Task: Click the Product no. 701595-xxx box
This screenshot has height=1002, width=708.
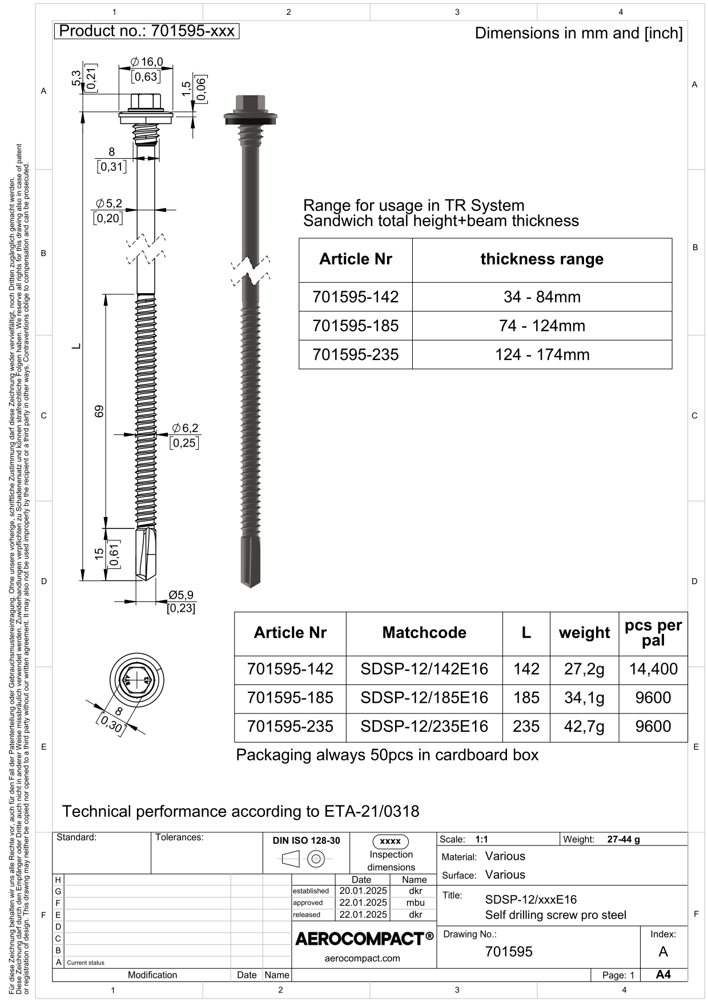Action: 146,31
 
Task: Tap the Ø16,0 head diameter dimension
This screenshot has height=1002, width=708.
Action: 147,62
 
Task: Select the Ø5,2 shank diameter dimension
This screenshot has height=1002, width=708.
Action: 108,203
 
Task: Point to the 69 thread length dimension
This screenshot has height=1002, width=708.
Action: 99,411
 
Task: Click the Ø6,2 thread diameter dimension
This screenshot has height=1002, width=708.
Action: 186,428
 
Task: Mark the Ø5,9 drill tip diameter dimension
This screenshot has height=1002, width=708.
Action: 181,595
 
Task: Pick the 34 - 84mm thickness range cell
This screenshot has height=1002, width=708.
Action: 542,296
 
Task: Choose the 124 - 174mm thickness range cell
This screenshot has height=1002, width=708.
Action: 542,354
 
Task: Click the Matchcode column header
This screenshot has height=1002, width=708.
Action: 424,632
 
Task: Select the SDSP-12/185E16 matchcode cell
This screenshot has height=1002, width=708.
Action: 424,698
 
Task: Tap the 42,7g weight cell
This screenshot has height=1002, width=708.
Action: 584,726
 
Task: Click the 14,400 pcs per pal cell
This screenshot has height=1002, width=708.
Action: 653,669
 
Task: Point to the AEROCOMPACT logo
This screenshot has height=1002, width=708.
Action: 364,939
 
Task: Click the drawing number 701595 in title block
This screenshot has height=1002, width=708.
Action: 509,951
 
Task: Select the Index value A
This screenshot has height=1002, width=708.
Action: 663,951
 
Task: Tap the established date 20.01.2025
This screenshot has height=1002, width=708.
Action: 363,891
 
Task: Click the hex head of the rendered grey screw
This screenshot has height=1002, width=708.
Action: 250,103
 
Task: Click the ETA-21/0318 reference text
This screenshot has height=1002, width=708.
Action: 372,811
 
